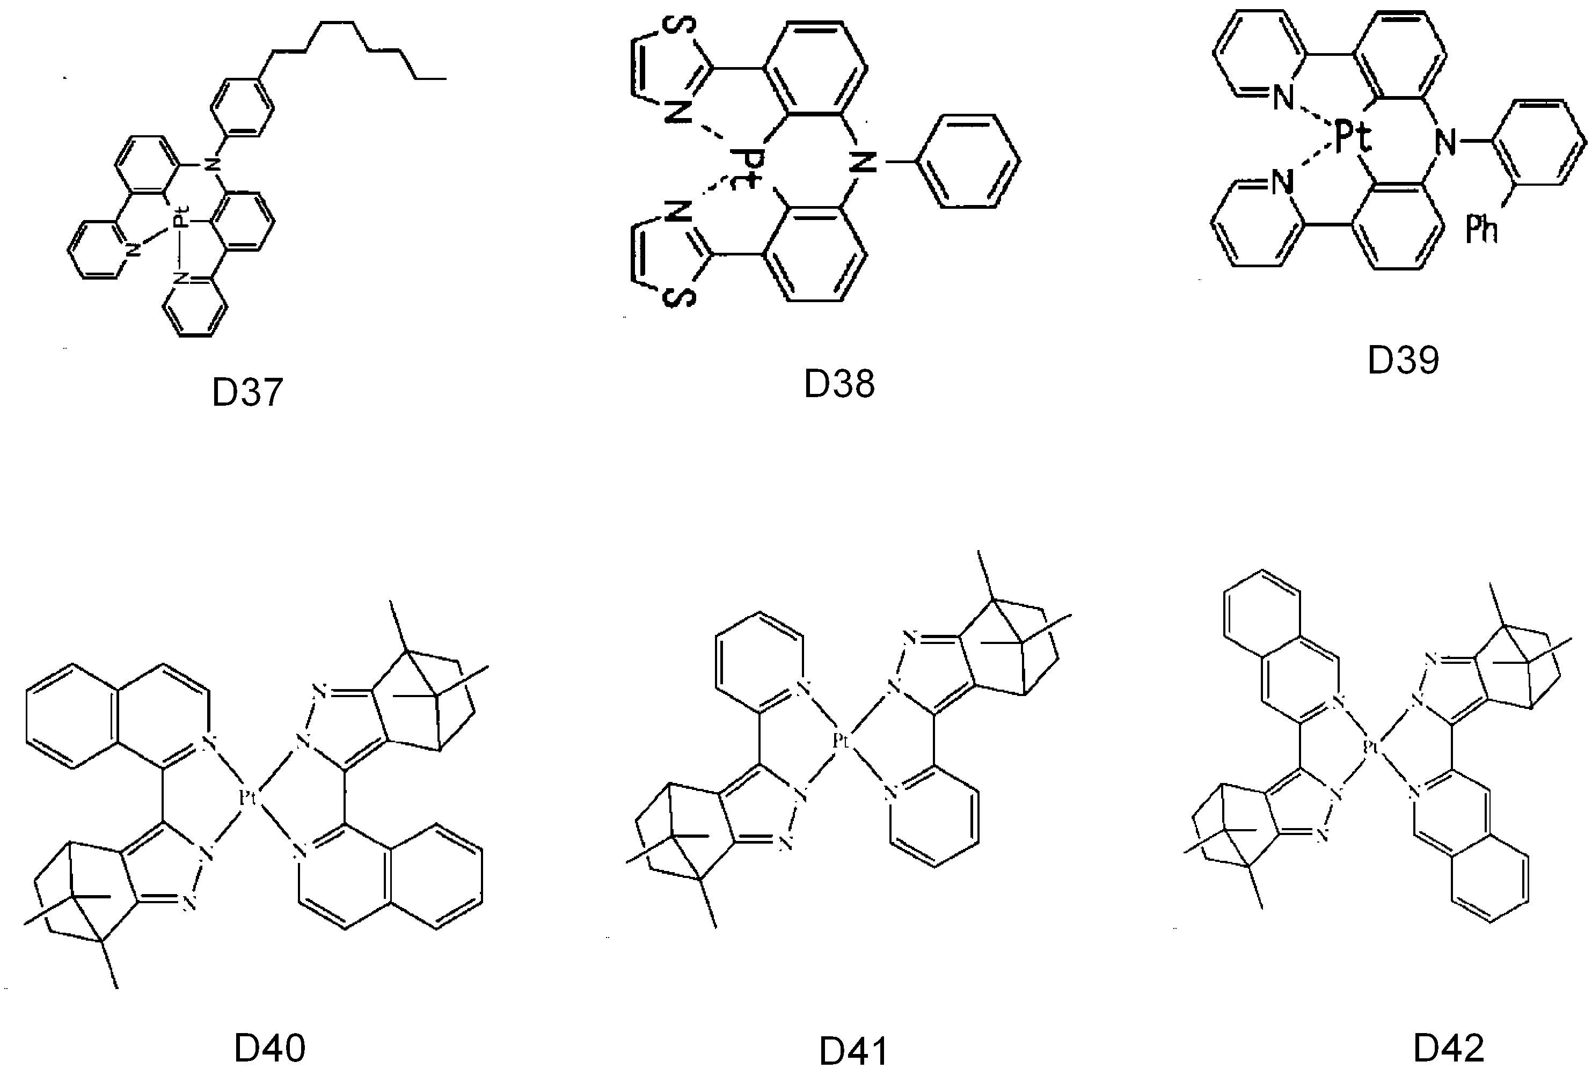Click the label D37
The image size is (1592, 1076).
(247, 392)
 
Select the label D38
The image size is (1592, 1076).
(839, 384)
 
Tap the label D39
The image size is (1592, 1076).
(1404, 360)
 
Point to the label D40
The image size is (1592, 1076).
(269, 1048)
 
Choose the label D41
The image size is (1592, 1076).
(853, 1051)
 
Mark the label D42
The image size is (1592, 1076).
(1449, 1047)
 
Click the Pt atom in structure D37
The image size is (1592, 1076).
(179, 221)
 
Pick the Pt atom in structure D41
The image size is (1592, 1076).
(841, 740)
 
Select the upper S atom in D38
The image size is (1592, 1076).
(682, 25)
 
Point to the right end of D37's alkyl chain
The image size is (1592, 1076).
(446, 79)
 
